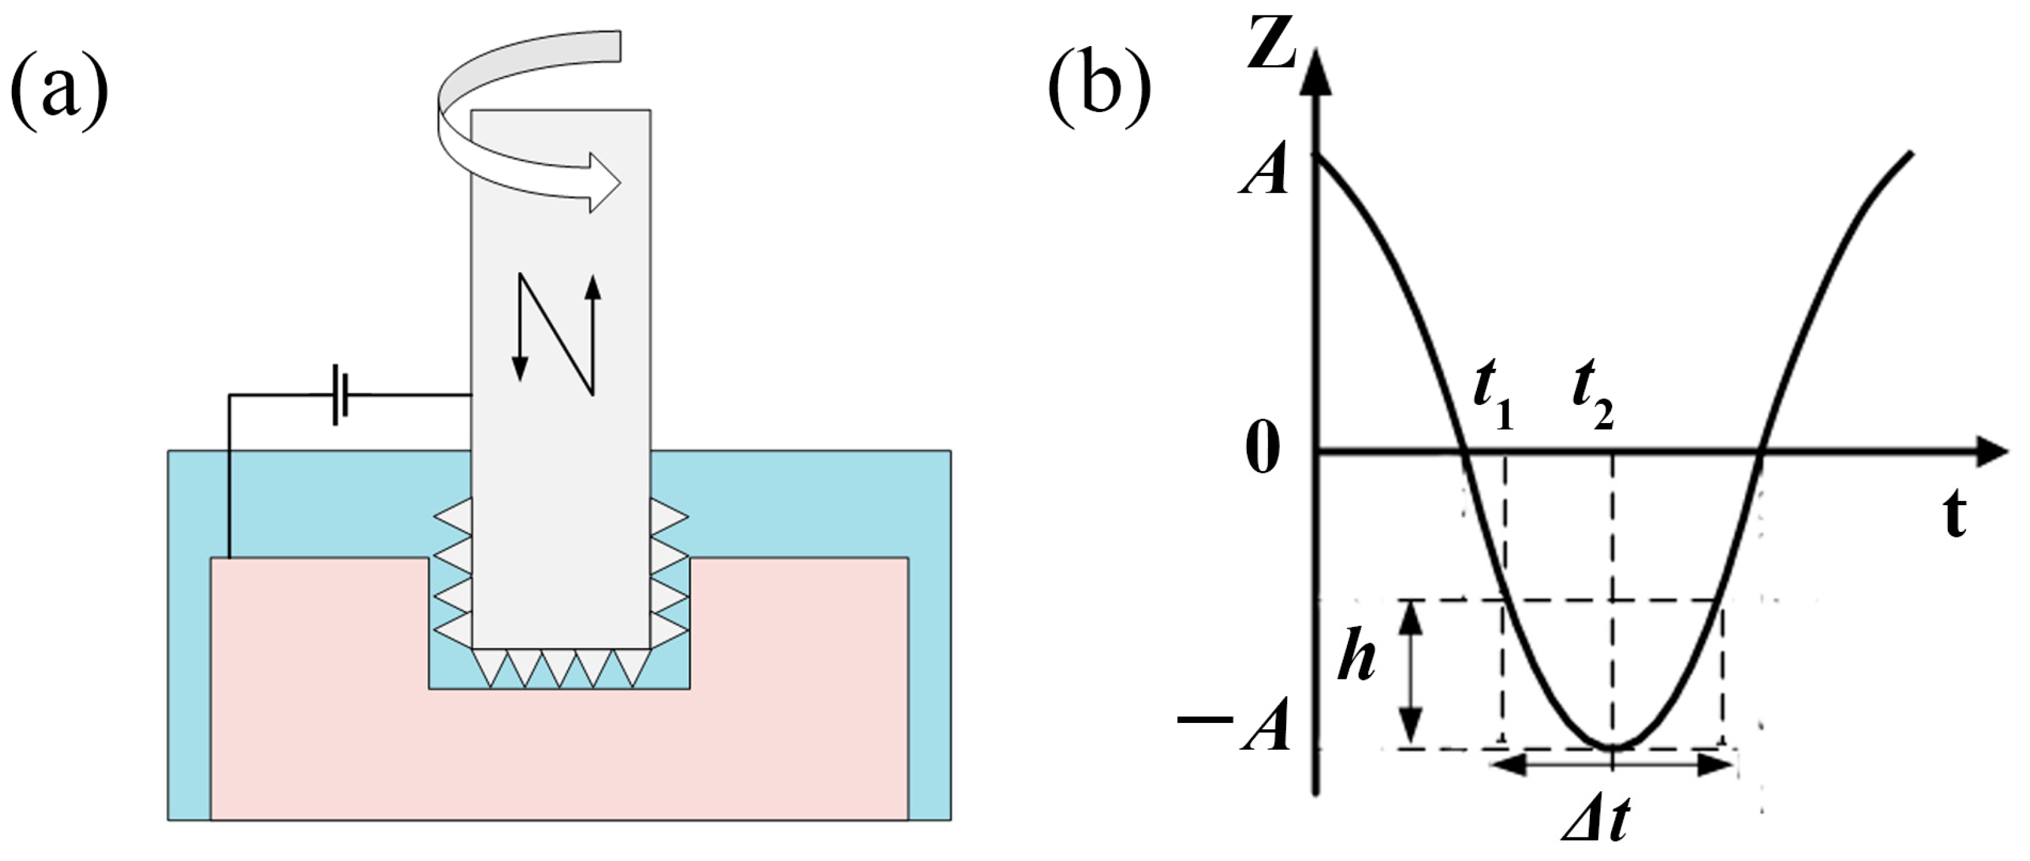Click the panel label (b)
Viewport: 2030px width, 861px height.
(1100, 86)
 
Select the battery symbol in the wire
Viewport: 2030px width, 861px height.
(341, 394)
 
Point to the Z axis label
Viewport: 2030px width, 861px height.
(1272, 44)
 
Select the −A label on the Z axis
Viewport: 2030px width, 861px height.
(1236, 724)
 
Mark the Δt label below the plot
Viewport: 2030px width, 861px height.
(1596, 824)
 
